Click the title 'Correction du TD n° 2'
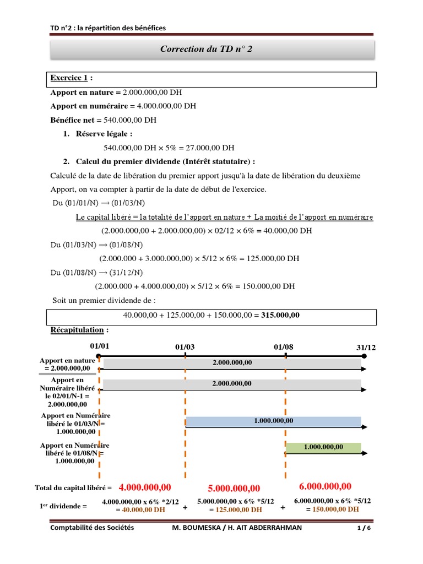pos(207,49)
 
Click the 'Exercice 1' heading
pos(69,78)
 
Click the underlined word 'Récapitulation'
pos(77,330)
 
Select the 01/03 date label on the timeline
pos(185,347)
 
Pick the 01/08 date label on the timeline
pos(283,347)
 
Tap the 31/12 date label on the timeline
pos(366,348)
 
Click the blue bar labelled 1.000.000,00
pos(273,421)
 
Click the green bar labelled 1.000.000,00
pos(323,447)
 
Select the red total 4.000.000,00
pos(145,487)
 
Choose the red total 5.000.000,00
pos(234,489)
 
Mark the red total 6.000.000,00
pos(325,486)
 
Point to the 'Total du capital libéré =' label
pos(73,487)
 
